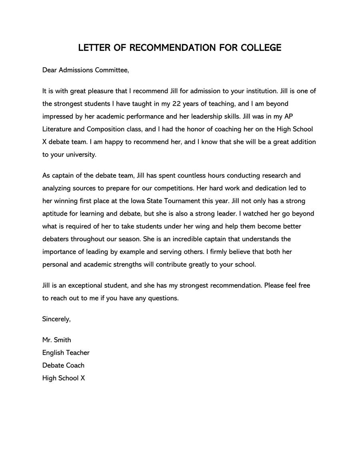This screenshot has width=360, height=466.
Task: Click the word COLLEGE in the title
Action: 261,48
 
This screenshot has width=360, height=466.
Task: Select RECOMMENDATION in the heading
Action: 173,48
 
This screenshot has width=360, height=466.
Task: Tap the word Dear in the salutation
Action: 50,70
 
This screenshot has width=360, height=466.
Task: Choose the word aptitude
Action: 55,214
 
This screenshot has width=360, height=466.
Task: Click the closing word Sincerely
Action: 56,319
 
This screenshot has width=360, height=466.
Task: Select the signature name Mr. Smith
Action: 57,340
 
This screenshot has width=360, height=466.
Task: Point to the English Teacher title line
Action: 66,353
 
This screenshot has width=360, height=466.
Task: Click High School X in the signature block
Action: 64,378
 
